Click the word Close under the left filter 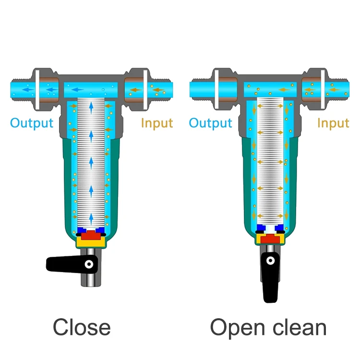point(82,327)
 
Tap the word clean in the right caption point(300,327)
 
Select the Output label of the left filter point(32,123)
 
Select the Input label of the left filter point(157,123)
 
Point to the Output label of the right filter point(210,123)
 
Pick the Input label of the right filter point(334,123)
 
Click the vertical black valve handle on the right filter point(271,277)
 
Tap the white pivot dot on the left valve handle point(89,264)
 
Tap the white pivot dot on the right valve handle point(270,261)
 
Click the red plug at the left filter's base point(91,235)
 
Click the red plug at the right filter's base point(270,239)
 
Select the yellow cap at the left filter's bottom point(91,242)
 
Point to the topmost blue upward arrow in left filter point(91,108)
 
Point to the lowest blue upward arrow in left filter point(91,219)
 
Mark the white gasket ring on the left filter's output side point(37,90)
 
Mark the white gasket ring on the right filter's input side point(323,89)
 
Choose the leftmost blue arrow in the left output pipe point(28,90)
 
